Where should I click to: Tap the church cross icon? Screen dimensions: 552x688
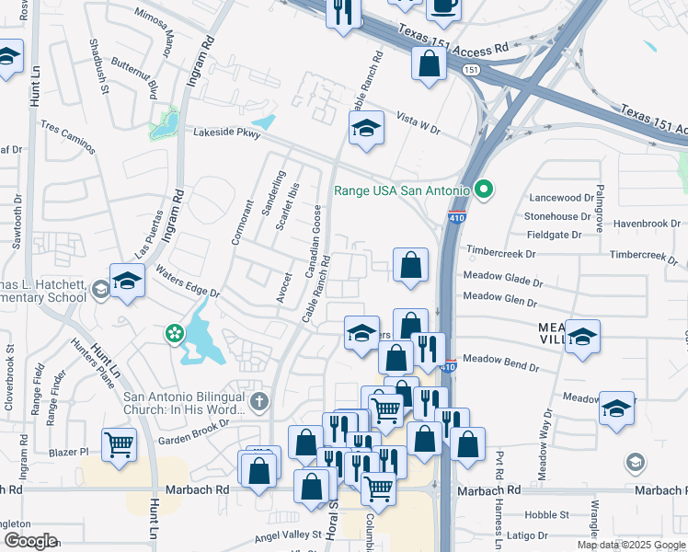(x=259, y=401)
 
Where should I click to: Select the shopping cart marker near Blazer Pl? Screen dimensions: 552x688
(x=120, y=445)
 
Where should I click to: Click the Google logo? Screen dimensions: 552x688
(x=29, y=541)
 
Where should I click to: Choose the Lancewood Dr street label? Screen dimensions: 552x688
(x=564, y=198)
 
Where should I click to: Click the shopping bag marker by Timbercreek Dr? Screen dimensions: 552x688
(x=410, y=264)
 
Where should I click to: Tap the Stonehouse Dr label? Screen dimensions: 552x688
(x=566, y=216)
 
